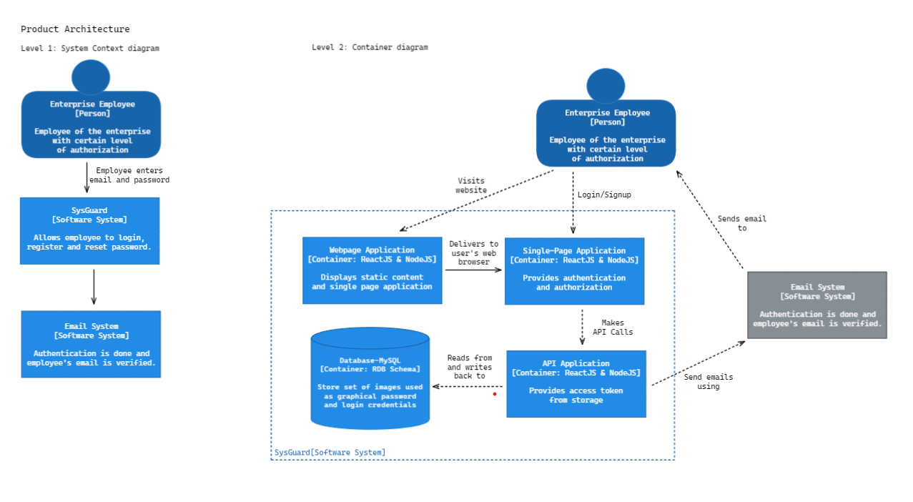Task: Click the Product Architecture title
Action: tap(75, 29)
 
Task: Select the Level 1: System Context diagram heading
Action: tap(90, 49)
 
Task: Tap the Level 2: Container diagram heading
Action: tap(370, 47)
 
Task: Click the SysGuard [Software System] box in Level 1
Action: tap(89, 230)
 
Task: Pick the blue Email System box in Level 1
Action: tap(91, 344)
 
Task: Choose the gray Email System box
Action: tap(816, 305)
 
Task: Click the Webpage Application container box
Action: tap(372, 270)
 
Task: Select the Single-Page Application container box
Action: tap(574, 271)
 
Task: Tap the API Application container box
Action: tap(576, 383)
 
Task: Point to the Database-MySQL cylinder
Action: tap(370, 379)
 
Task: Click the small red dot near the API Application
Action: tap(494, 394)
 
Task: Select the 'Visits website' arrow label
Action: tap(471, 186)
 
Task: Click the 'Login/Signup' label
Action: tap(604, 195)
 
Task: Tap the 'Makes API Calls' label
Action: tap(613, 328)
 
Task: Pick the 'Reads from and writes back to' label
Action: tap(470, 367)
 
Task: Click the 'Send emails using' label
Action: tap(708, 382)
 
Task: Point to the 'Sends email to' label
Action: tap(741, 224)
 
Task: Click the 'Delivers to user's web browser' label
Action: tap(473, 253)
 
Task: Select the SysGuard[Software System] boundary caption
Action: tap(330, 453)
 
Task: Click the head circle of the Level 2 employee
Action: tap(606, 86)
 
